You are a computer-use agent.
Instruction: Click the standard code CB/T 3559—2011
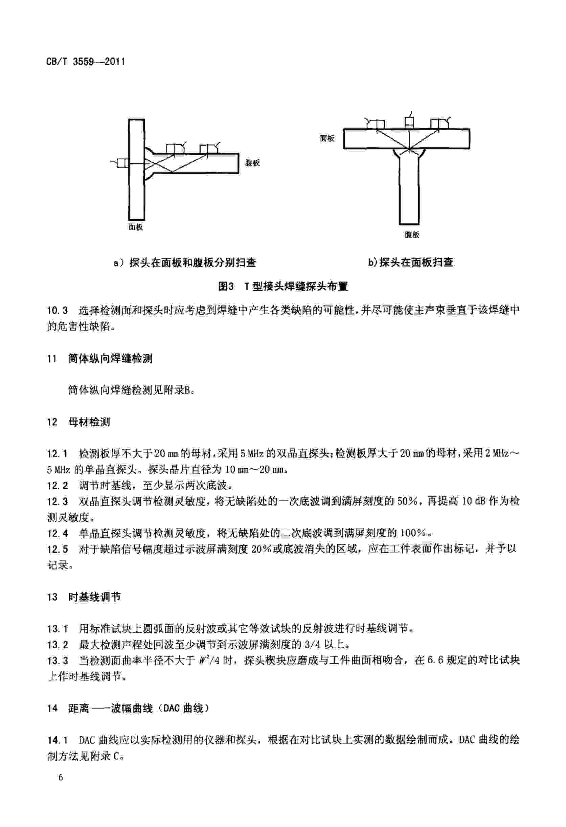click(x=85, y=62)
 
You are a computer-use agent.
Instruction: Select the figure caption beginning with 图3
click(x=283, y=287)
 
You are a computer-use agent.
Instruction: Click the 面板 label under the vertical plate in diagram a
click(x=136, y=227)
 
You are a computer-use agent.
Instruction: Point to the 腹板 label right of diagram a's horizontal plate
click(x=252, y=163)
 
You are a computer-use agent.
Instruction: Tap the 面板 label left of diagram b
click(x=327, y=138)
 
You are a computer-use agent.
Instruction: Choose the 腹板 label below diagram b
click(x=412, y=235)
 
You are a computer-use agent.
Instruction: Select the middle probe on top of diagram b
click(x=410, y=123)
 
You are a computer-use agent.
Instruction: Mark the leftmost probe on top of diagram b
click(x=376, y=124)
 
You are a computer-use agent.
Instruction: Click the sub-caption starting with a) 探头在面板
click(x=185, y=263)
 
